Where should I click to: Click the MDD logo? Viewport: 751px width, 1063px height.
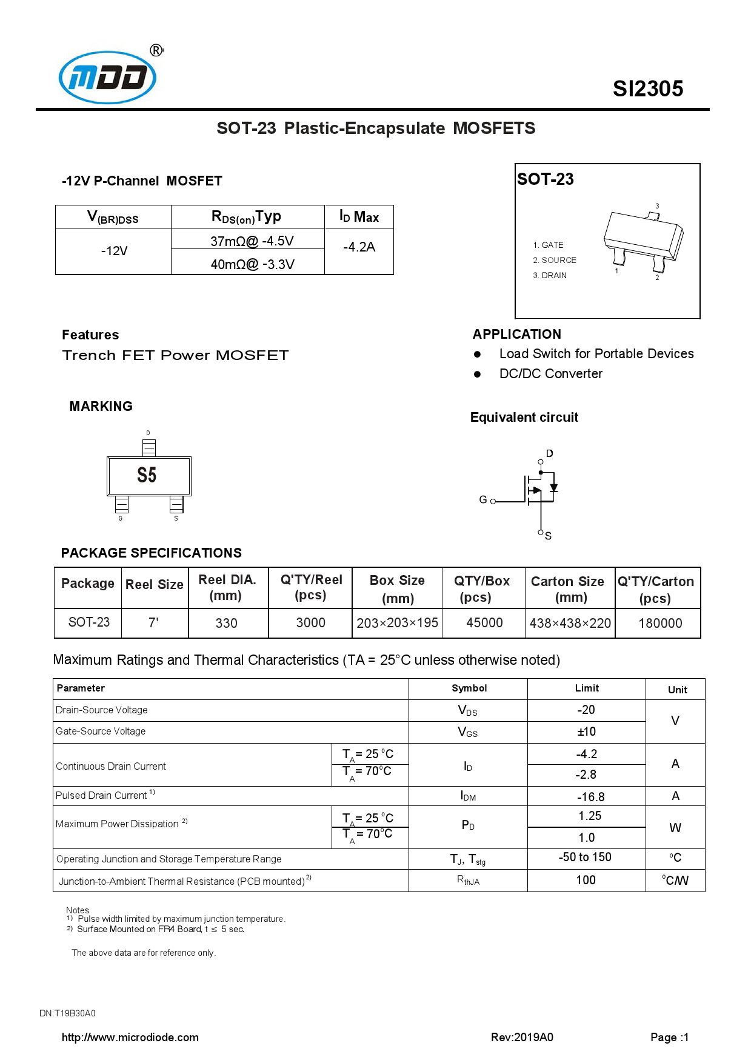click(108, 78)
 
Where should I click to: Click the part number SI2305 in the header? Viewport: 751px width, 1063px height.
click(647, 89)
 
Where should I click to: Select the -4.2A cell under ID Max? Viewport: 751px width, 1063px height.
click(359, 247)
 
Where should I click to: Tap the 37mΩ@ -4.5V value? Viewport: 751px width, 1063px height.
click(252, 241)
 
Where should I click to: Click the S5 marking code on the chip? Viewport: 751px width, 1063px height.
click(147, 475)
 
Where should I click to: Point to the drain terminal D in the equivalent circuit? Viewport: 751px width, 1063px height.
click(549, 454)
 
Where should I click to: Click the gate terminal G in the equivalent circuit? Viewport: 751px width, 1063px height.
click(484, 500)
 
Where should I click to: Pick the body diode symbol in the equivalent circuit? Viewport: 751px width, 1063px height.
click(553, 488)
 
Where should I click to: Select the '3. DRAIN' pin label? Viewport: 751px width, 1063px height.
click(550, 275)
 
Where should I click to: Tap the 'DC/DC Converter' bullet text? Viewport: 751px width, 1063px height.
click(550, 374)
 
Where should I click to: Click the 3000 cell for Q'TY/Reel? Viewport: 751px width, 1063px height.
click(310, 623)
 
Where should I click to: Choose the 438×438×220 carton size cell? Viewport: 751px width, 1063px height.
click(570, 624)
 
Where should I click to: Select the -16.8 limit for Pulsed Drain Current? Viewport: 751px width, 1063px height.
click(590, 797)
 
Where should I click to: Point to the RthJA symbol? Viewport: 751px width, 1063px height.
click(468, 881)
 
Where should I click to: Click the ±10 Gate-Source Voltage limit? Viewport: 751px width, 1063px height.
click(586, 732)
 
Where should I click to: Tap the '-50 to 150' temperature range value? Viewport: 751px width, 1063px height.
click(585, 858)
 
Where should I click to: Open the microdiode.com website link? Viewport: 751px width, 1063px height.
click(130, 1038)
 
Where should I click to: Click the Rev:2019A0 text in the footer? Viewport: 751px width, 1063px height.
click(522, 1038)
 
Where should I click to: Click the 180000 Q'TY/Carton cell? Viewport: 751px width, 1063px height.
click(659, 624)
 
